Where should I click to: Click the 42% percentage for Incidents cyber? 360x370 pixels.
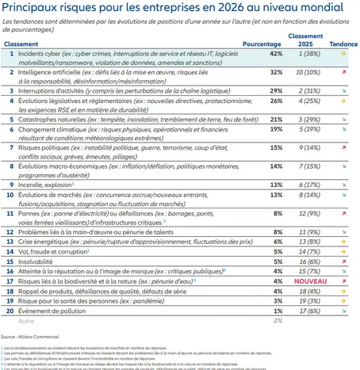[276, 54]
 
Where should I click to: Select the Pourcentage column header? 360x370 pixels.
[262, 44]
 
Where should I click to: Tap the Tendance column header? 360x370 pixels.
[343, 44]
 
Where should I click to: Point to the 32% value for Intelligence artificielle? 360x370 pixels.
[276, 71]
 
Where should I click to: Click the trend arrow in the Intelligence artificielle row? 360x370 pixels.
[343, 71]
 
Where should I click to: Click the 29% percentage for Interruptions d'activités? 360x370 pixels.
[276, 90]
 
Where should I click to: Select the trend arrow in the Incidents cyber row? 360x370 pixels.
[343, 54]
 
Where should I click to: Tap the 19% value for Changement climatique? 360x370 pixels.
[276, 128]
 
